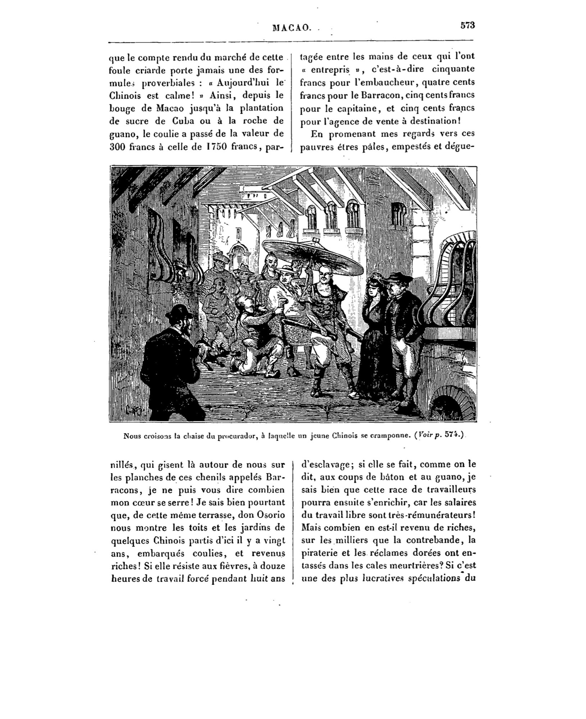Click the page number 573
(468, 26)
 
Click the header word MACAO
(292, 28)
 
